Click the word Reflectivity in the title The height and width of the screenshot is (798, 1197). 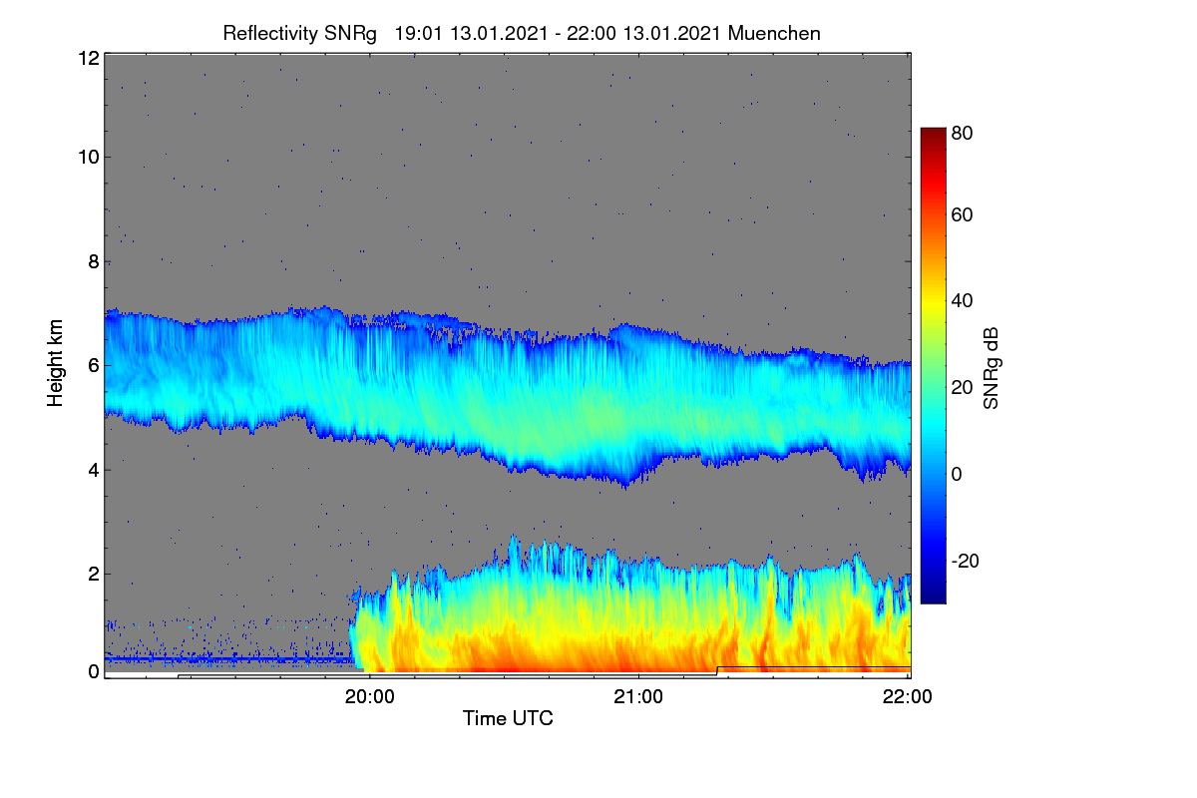pyautogui.click(x=270, y=34)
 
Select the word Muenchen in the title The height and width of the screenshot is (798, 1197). pyautogui.click(x=774, y=33)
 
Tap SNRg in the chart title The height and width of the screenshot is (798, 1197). pyautogui.click(x=350, y=34)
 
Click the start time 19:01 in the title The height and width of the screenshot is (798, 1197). pyautogui.click(x=418, y=33)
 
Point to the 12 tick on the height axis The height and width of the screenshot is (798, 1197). pyautogui.click(x=89, y=58)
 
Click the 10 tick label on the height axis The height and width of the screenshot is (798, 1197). pyautogui.click(x=89, y=158)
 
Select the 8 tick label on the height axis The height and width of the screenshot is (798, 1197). pyautogui.click(x=94, y=261)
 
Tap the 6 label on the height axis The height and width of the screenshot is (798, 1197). pyautogui.click(x=94, y=366)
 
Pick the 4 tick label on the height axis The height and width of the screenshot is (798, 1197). pyautogui.click(x=94, y=471)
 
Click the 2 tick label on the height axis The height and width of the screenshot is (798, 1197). pyautogui.click(x=94, y=574)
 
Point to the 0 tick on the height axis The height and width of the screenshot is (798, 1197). pyautogui.click(x=94, y=672)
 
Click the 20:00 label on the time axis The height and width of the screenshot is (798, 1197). pyautogui.click(x=370, y=697)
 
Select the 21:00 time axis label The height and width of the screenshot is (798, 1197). pyautogui.click(x=638, y=697)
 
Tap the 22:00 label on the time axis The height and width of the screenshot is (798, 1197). pyautogui.click(x=908, y=697)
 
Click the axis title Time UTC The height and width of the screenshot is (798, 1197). pyautogui.click(x=508, y=718)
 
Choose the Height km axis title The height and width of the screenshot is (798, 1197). pyautogui.click(x=55, y=363)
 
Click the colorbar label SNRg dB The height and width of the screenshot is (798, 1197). pyautogui.click(x=991, y=368)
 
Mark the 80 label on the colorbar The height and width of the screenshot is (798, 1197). pyautogui.click(x=962, y=133)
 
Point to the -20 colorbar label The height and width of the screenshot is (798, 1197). pyautogui.click(x=966, y=561)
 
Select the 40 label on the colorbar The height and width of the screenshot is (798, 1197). pyautogui.click(x=962, y=301)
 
